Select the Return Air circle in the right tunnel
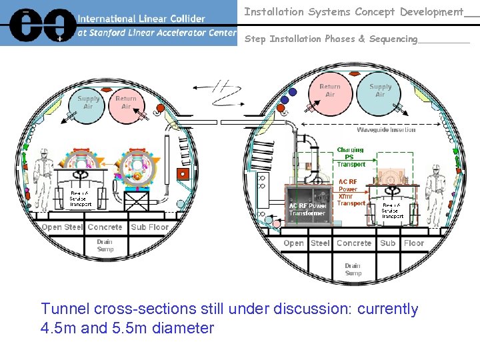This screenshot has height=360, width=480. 329,91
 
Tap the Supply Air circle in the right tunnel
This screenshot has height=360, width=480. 380,91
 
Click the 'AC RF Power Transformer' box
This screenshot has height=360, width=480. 307,209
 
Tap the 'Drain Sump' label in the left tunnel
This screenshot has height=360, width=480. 105,245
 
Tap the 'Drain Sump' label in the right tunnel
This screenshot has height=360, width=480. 353,269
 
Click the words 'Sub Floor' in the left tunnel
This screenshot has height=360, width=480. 150,227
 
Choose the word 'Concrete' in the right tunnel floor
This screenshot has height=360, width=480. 354,243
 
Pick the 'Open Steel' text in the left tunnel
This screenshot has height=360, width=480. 63,227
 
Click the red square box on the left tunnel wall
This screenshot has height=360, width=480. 182,174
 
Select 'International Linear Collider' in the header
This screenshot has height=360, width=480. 141,19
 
